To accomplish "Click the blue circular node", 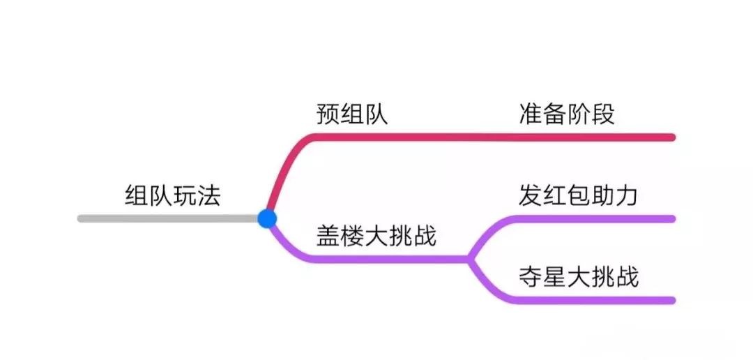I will coord(267,218).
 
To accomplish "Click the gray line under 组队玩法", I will coord(167,218).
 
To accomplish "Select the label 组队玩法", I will coord(172,195).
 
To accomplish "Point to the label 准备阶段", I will coord(567,114).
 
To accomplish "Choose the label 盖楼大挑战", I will coord(376,236).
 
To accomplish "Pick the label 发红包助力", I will coord(578,195).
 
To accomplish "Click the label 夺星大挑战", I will coord(578,277).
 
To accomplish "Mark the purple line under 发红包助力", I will coord(593,218).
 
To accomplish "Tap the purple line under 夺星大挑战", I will coord(593,300).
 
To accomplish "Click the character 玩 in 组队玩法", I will coord(184,195).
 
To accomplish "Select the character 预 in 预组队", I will coord(328,114).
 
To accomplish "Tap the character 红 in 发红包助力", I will coord(554,195).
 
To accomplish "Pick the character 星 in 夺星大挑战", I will coord(554,277).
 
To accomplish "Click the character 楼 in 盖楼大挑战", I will coord(352,236).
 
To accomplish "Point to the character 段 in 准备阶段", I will coord(603,114).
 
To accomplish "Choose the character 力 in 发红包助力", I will coord(627,195).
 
